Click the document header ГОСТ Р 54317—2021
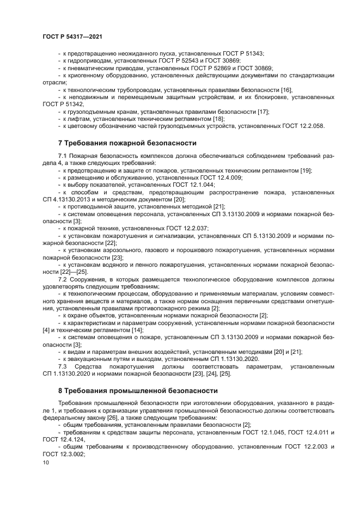[72, 36]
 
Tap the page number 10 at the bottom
[45, 462]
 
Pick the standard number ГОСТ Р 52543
[192, 61]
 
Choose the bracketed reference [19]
[306, 170]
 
